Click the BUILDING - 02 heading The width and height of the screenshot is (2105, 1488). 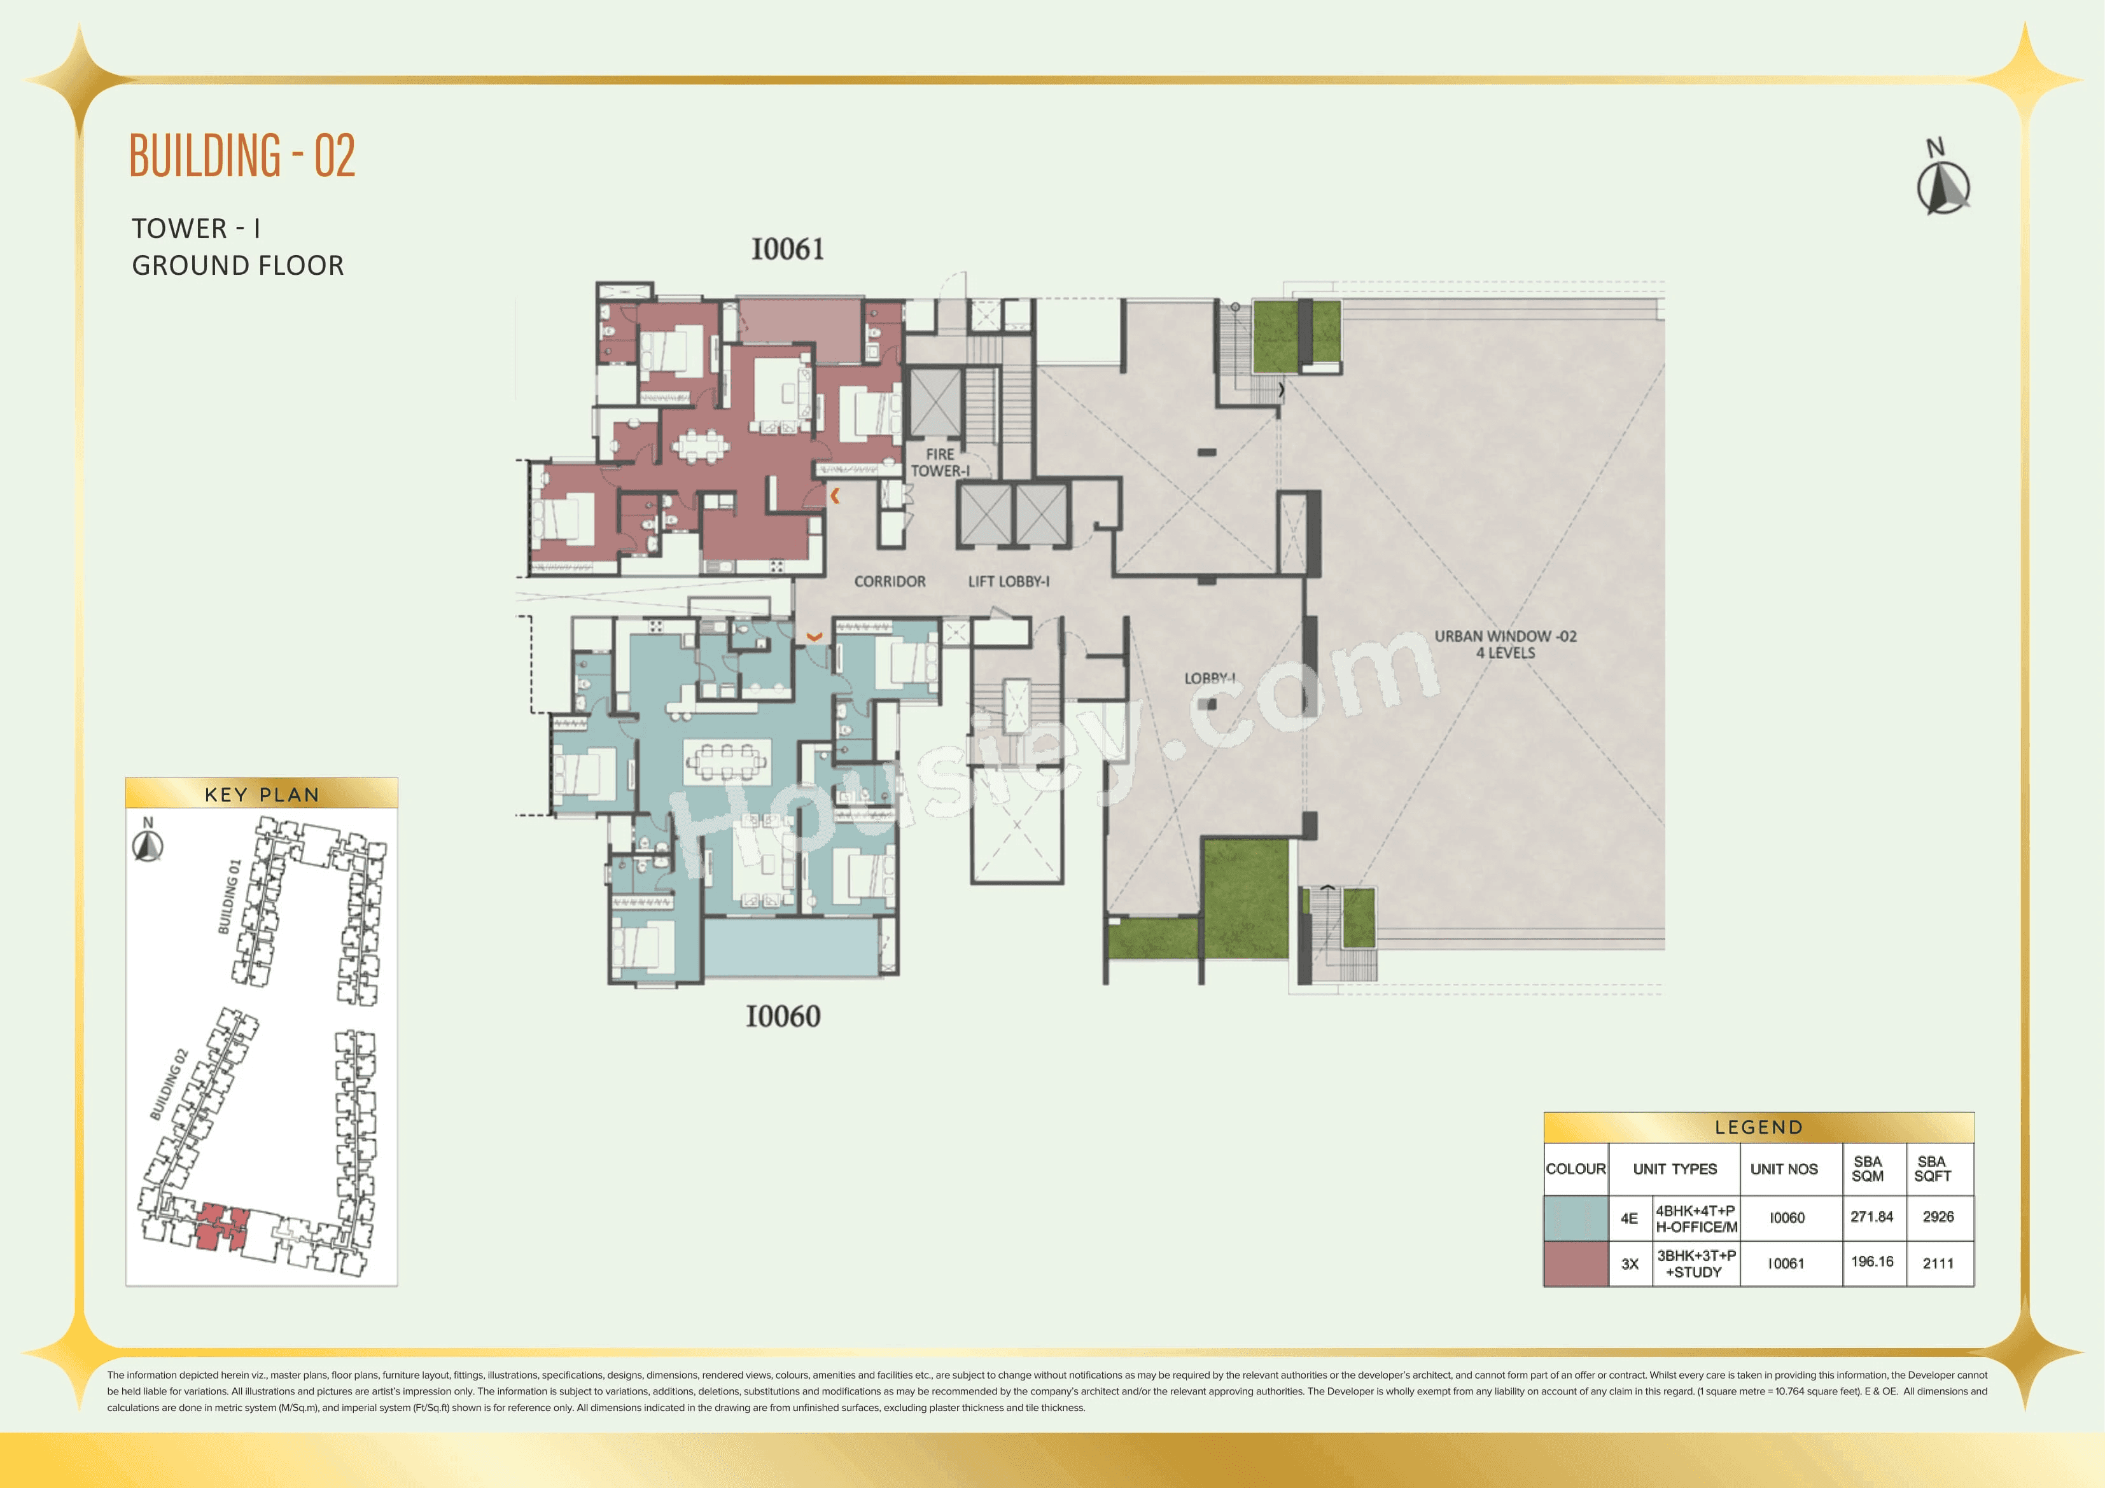(242, 155)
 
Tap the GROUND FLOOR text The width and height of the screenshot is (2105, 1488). (237, 266)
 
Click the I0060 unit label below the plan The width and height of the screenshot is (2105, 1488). (782, 1016)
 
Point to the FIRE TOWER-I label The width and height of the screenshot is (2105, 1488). (940, 462)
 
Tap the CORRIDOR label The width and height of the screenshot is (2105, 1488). (890, 581)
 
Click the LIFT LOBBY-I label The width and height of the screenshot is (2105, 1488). (1009, 581)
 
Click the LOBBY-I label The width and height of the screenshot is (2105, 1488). (1208, 678)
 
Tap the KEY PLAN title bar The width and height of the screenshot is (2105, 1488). (262, 794)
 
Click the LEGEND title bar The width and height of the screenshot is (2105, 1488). (1758, 1127)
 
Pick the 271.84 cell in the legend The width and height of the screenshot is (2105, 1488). (1871, 1216)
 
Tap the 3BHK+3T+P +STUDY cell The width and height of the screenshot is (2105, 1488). (1695, 1263)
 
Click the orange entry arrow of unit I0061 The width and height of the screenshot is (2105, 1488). (834, 496)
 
